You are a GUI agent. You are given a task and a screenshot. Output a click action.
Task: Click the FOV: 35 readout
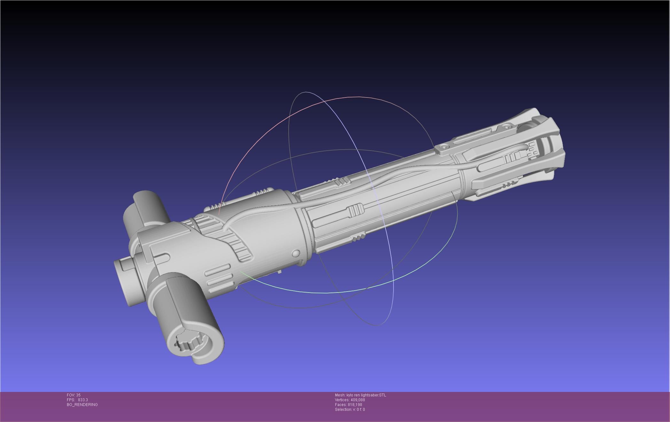(x=74, y=395)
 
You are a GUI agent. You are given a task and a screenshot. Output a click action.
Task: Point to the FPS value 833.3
(x=83, y=400)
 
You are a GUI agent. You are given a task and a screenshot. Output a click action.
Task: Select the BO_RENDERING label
(x=82, y=405)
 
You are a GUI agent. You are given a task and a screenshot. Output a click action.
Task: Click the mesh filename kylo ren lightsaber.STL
(x=366, y=395)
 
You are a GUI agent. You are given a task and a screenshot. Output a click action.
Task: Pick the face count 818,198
(x=355, y=405)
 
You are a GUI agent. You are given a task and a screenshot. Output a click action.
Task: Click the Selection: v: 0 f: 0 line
(x=350, y=410)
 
